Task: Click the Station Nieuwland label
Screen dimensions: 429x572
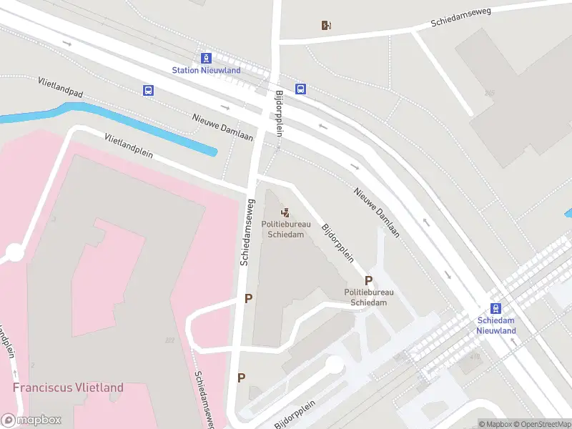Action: [x=206, y=70]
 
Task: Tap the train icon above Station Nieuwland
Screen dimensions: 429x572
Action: [x=206, y=57]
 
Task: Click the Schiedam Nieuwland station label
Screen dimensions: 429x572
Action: [x=496, y=325]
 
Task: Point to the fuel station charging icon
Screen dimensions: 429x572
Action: [x=326, y=26]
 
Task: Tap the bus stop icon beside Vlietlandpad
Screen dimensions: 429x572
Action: [x=148, y=90]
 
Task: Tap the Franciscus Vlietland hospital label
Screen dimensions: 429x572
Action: [x=68, y=388]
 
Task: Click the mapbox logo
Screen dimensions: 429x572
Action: [x=31, y=420]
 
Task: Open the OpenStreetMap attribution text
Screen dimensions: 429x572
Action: [x=540, y=424]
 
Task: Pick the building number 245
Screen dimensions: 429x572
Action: [x=489, y=93]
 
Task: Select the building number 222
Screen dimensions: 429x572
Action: [x=169, y=340]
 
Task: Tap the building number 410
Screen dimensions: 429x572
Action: [x=475, y=355]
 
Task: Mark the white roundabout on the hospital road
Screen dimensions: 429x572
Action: [x=14, y=252]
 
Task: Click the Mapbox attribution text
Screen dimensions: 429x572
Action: [x=495, y=424]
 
